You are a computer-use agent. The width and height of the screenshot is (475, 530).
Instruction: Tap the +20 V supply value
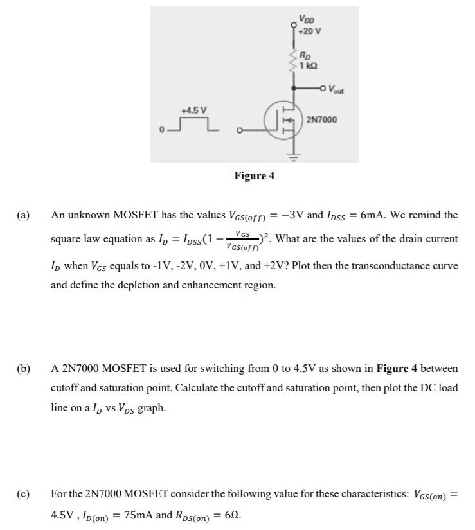[310, 31]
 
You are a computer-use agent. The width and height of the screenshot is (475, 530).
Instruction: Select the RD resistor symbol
[294, 61]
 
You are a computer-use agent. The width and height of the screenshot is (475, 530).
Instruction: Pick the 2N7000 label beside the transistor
[323, 120]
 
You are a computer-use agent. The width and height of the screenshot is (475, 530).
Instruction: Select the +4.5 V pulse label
[195, 110]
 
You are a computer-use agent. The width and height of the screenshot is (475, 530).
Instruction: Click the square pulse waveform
[193, 125]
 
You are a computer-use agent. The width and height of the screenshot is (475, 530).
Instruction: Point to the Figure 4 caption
[255, 176]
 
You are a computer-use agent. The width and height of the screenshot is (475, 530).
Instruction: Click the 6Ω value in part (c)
[232, 515]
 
